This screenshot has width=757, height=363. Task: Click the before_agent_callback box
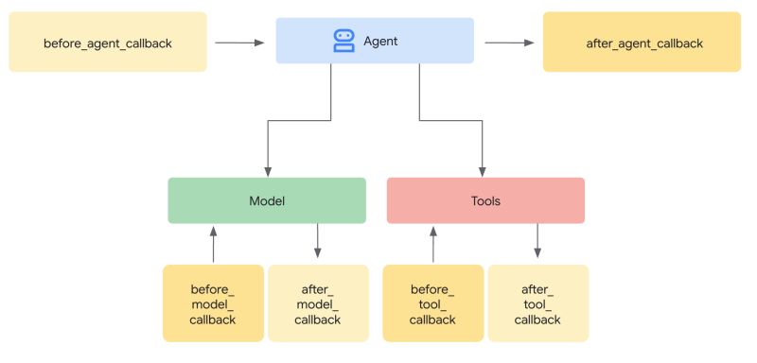click(x=108, y=43)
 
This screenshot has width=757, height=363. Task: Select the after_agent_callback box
click(x=642, y=43)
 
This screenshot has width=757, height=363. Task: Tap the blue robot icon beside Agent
click(x=343, y=41)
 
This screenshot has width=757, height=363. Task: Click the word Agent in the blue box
click(x=381, y=42)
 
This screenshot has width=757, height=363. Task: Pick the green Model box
click(x=267, y=200)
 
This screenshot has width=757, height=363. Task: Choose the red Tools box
click(x=485, y=200)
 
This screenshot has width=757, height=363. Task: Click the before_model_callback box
click(x=213, y=302)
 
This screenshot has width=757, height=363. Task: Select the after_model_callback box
click(x=317, y=302)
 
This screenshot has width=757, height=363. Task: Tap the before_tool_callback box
click(x=432, y=302)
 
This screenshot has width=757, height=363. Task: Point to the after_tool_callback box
click(x=537, y=302)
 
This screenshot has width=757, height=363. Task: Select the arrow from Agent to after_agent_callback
click(x=508, y=43)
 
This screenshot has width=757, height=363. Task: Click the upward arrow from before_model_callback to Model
click(x=214, y=243)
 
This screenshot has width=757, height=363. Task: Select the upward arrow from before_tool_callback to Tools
click(x=433, y=243)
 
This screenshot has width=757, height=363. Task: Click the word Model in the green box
click(x=267, y=201)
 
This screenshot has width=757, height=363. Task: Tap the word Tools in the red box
click(x=485, y=201)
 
